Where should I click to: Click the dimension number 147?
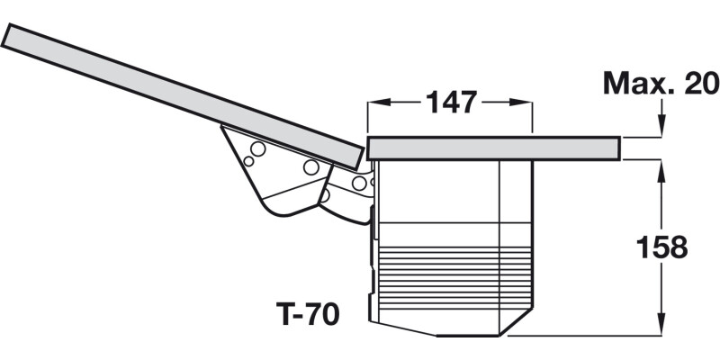pyautogui.click(x=450, y=103)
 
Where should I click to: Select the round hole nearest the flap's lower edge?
pyautogui.click(x=311, y=167)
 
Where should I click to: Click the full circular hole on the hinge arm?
pyautogui.click(x=358, y=184)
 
